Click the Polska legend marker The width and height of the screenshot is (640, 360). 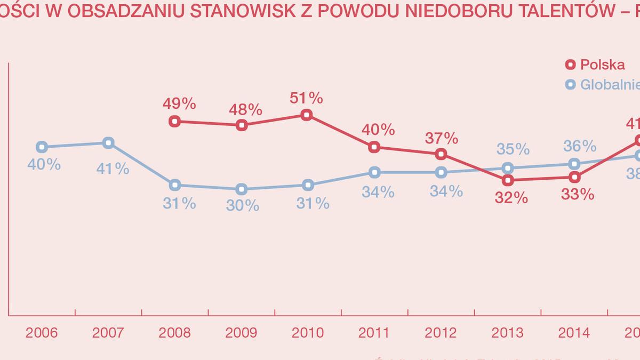(x=570, y=65)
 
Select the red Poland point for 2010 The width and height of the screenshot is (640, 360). (x=307, y=115)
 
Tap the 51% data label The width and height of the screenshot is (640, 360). (x=307, y=98)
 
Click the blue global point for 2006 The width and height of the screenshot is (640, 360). (x=42, y=147)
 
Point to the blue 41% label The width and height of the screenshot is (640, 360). (x=113, y=169)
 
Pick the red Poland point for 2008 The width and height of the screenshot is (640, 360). (x=174, y=121)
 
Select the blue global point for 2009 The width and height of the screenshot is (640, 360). (x=241, y=189)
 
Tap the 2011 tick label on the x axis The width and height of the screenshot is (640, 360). (x=374, y=333)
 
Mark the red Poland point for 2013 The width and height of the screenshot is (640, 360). (x=508, y=180)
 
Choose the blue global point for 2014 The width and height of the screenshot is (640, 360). (x=574, y=164)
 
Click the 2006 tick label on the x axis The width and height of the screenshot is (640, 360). (x=42, y=333)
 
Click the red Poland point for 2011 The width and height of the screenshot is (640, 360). (x=374, y=147)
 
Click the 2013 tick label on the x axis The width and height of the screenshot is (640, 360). (x=507, y=333)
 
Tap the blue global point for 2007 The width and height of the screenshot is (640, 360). (x=108, y=142)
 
